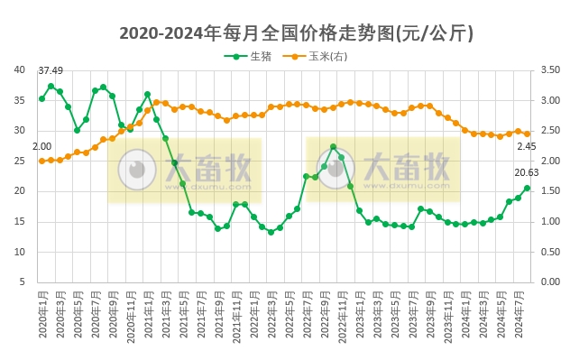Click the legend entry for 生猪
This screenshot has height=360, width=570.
point(253,56)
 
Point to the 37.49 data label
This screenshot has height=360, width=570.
point(51,71)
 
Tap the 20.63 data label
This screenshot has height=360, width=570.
point(527,172)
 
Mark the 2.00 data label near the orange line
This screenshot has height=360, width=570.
point(42,146)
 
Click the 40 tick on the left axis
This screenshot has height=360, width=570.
point(20,70)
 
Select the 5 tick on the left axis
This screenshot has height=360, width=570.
point(23,282)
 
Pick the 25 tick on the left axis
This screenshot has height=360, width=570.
point(20,161)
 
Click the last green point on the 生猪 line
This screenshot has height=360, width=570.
point(527,188)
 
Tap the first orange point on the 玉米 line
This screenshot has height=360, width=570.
point(41,161)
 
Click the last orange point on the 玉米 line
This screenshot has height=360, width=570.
point(527,134)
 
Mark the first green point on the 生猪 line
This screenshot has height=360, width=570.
point(41,98)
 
